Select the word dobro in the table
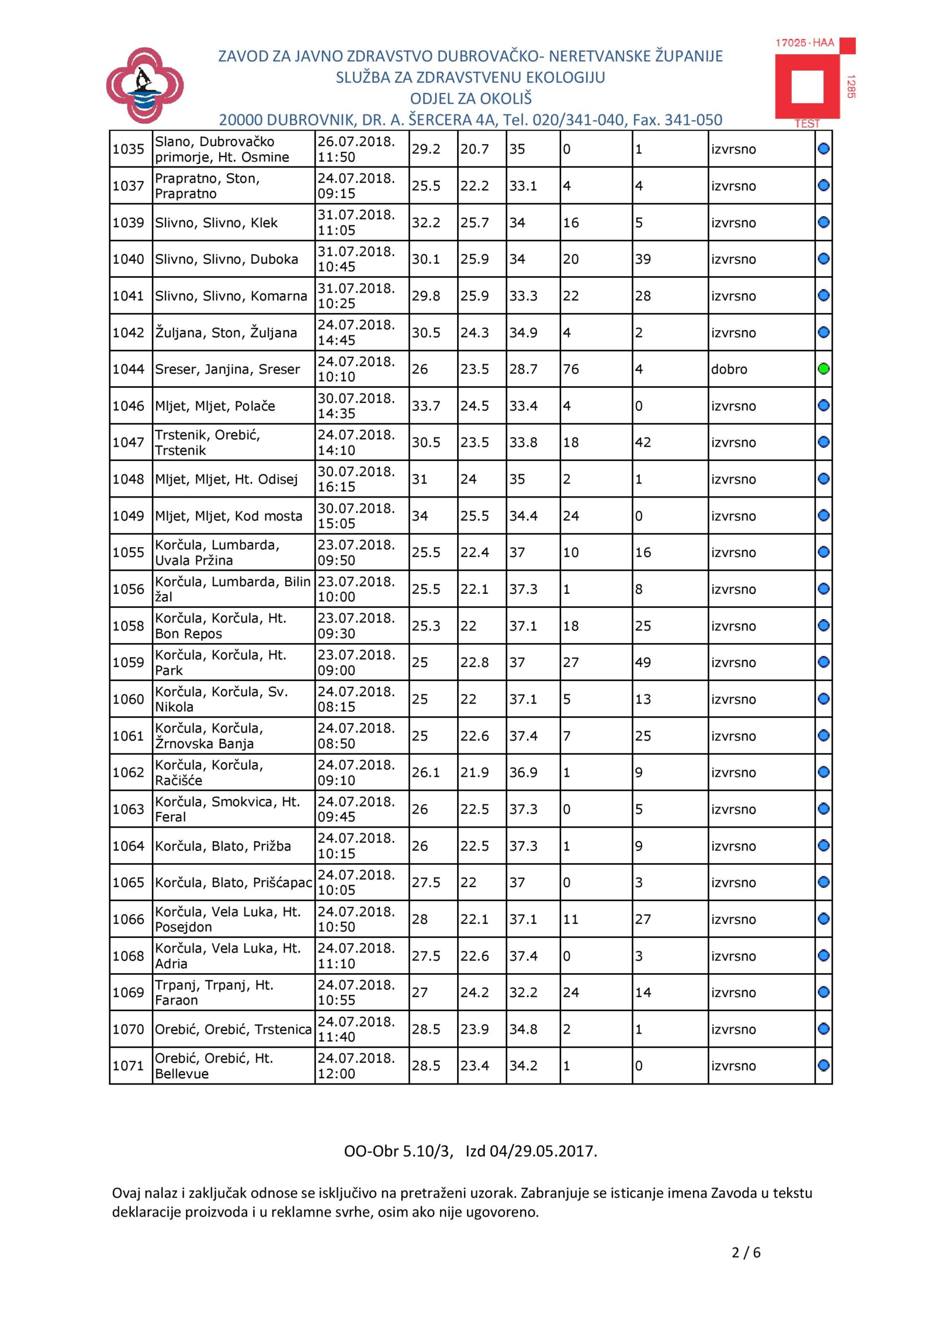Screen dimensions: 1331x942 [729, 369]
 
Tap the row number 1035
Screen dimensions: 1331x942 [128, 149]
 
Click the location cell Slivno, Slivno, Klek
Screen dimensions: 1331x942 [216, 223]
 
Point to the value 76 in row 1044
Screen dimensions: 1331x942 [571, 369]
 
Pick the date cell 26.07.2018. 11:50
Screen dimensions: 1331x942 [356, 149]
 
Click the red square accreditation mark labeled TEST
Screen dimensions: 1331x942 [807, 83]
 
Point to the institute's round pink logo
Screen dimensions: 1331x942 [145, 86]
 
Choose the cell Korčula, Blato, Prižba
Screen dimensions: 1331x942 [223, 846]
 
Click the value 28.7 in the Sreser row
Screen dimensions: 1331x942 [523, 369]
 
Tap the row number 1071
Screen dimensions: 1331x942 [128, 1065]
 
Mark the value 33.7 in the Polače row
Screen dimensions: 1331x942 [426, 406]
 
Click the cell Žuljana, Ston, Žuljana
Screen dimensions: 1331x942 [226, 333]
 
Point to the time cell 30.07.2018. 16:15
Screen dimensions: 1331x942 [356, 479]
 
